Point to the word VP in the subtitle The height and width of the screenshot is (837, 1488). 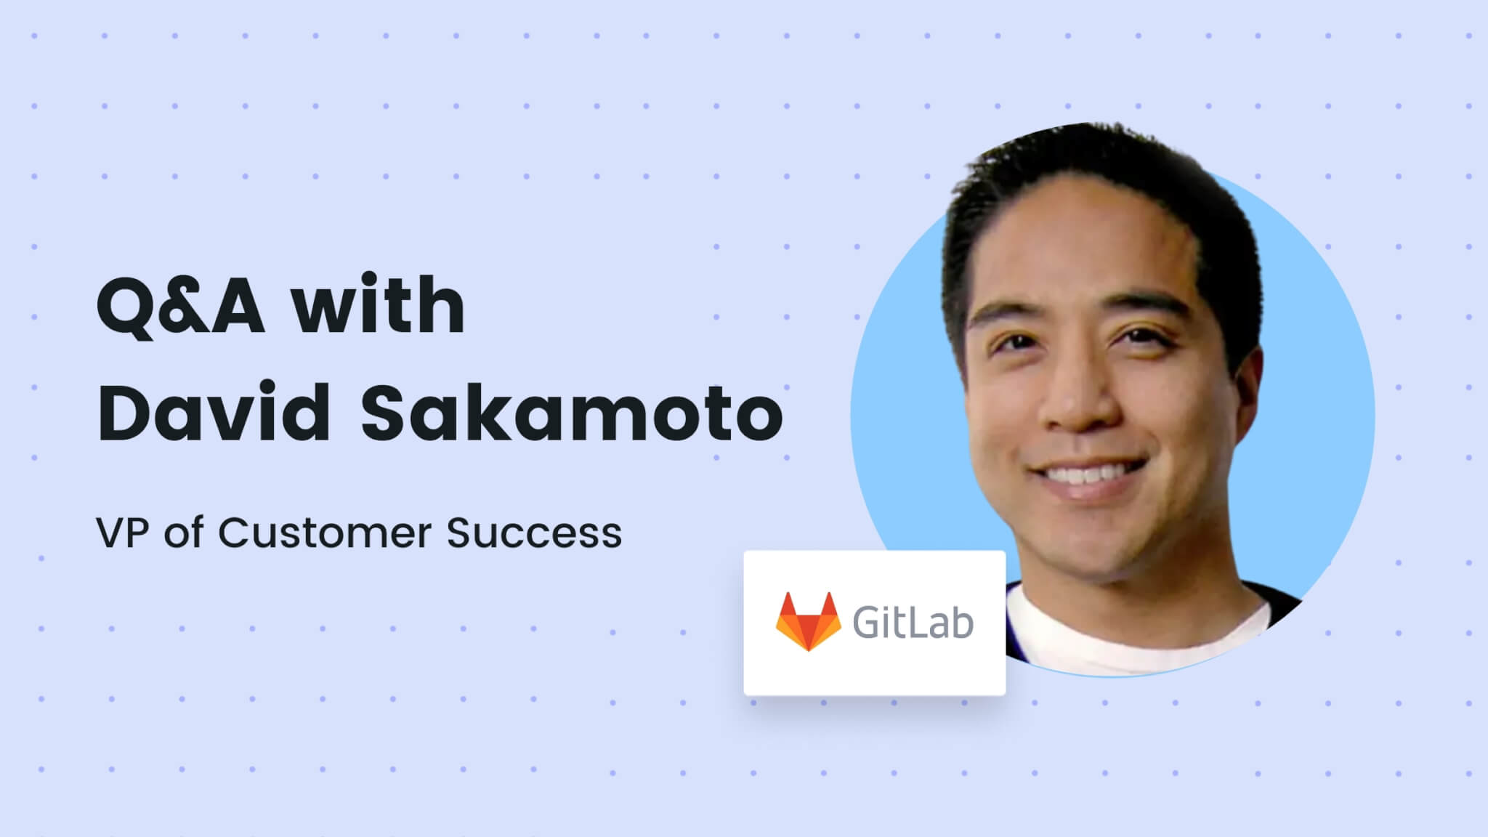[x=123, y=533]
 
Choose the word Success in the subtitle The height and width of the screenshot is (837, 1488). [x=535, y=533]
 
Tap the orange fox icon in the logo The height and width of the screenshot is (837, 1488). [x=808, y=622]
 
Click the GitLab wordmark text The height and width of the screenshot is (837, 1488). [x=913, y=623]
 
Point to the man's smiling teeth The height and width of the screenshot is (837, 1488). [x=1083, y=476]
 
